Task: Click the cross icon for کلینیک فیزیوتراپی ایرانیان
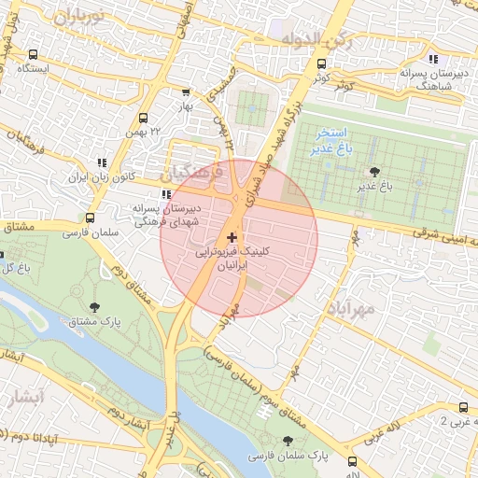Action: [x=232, y=238]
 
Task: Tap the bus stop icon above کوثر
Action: [x=322, y=64]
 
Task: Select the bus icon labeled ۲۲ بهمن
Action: [x=143, y=119]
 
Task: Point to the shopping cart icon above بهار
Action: [x=185, y=92]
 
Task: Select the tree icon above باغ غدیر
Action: [x=374, y=171]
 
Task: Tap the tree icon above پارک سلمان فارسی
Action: [x=287, y=441]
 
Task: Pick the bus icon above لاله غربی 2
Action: [x=464, y=406]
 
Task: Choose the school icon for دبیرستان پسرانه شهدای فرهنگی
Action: [x=166, y=195]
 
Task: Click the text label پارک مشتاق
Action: [x=93, y=322]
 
